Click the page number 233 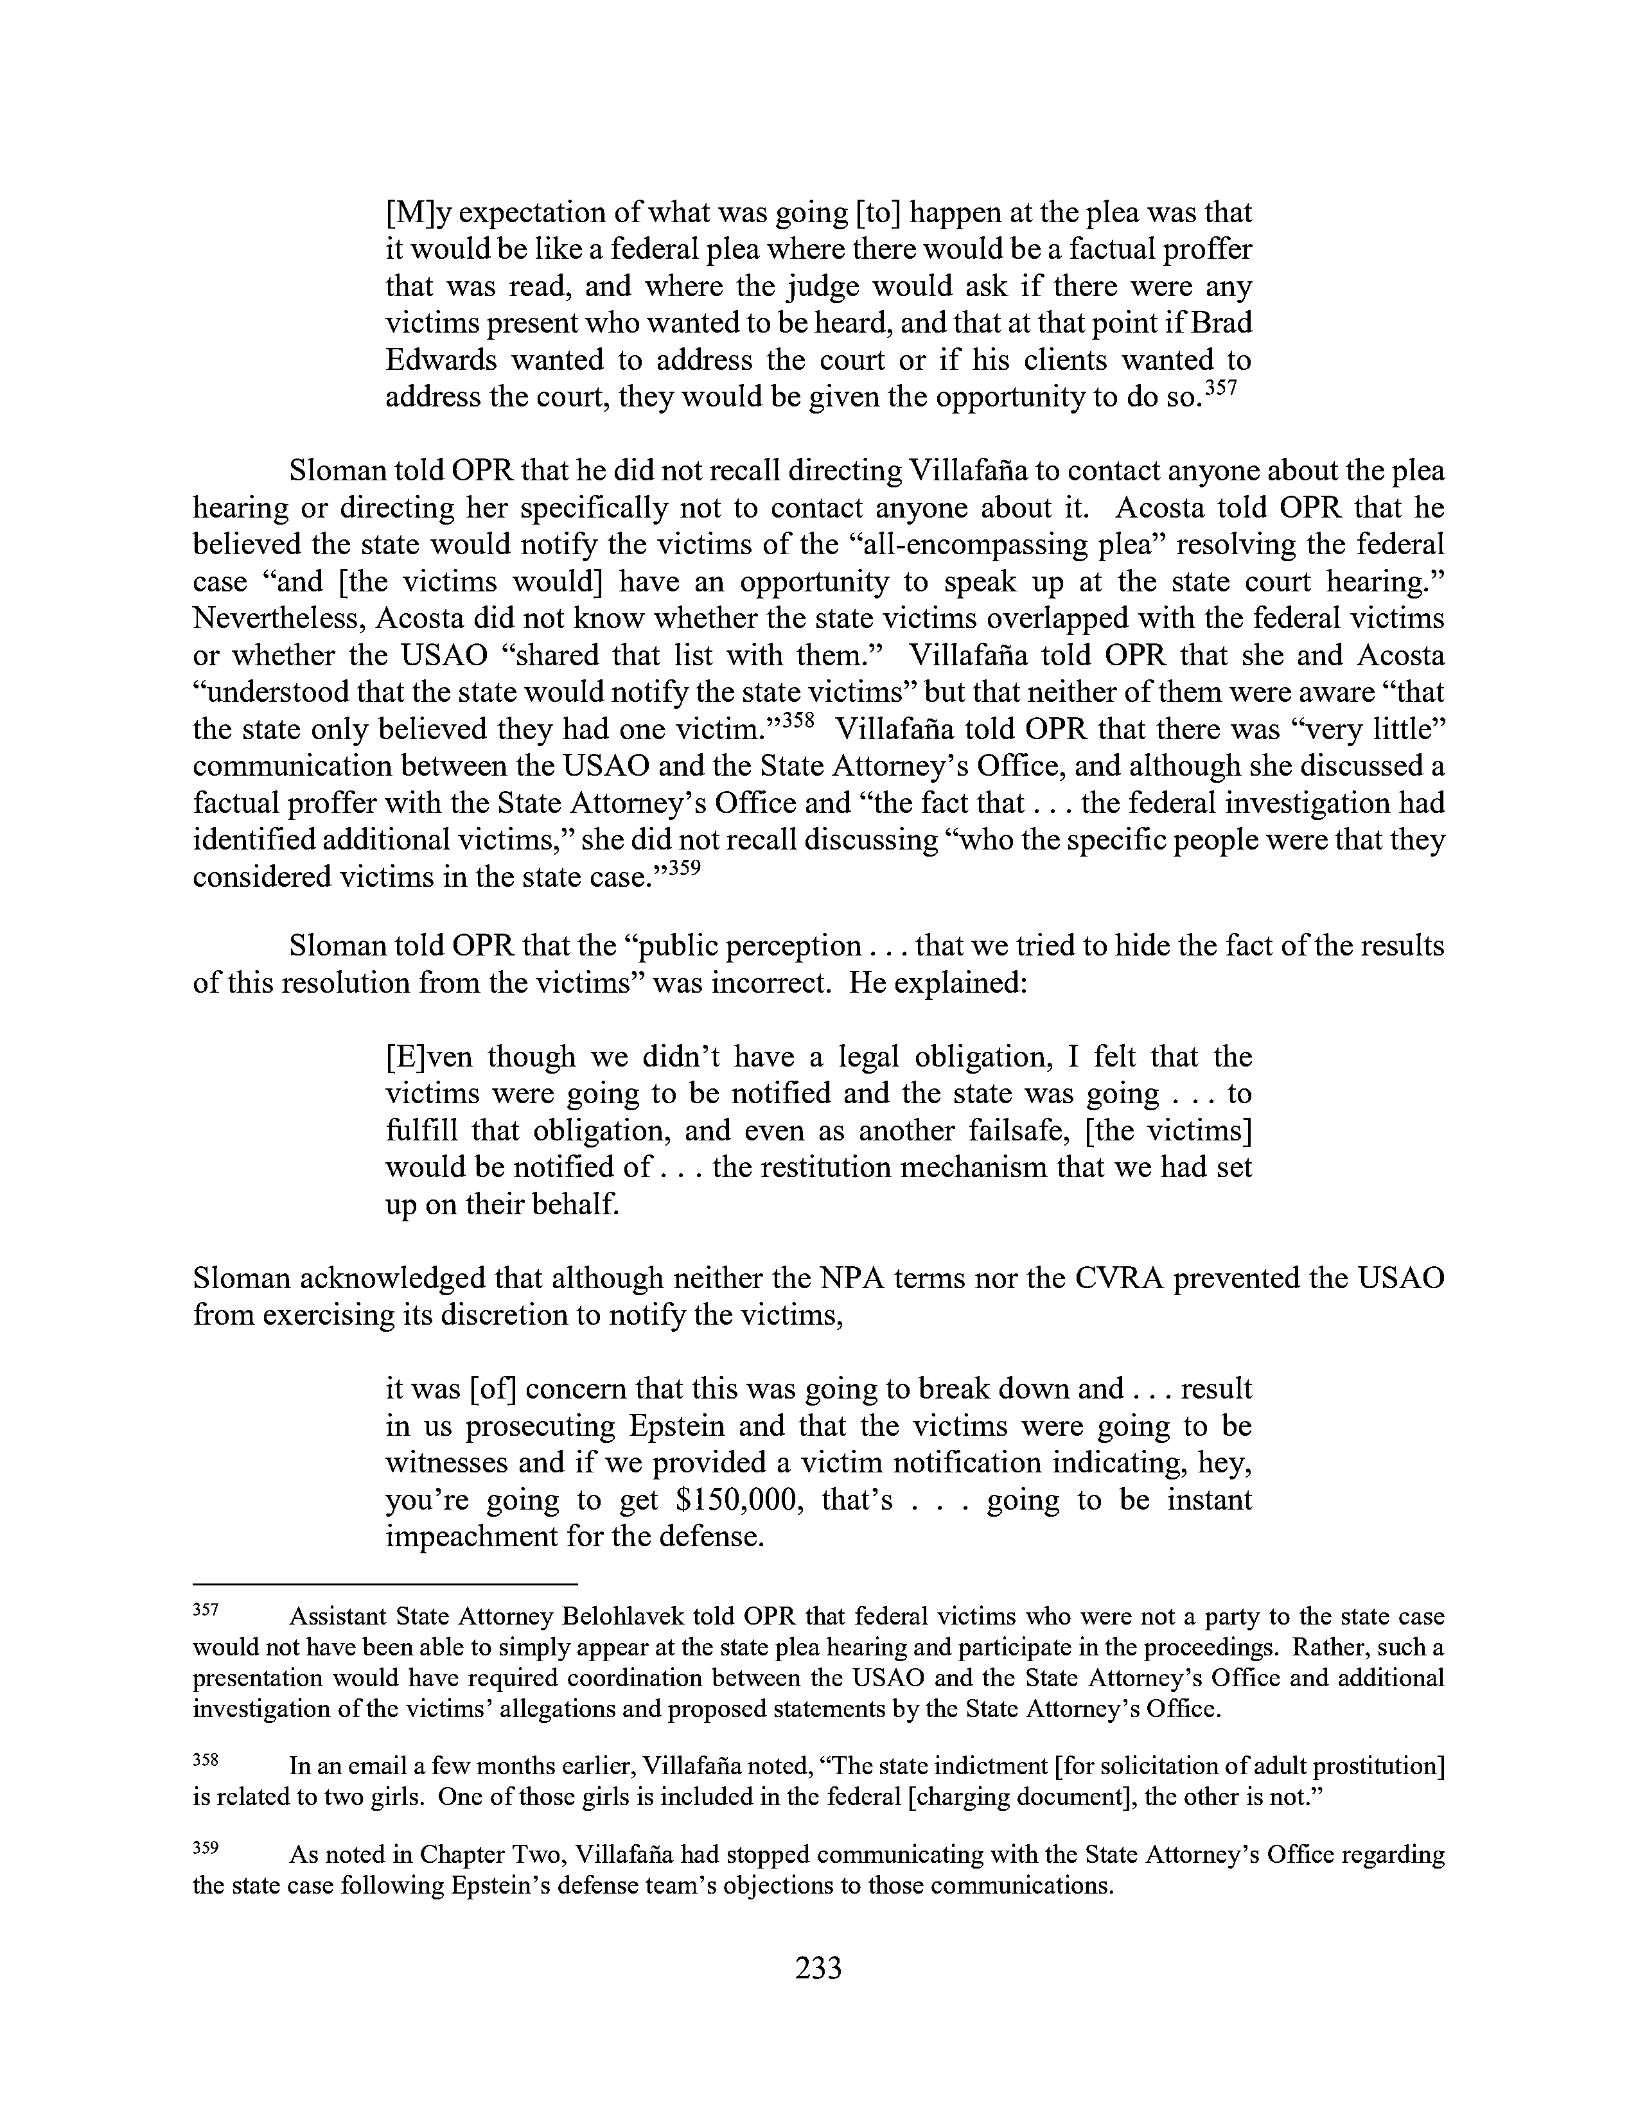[x=818, y=1969]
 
